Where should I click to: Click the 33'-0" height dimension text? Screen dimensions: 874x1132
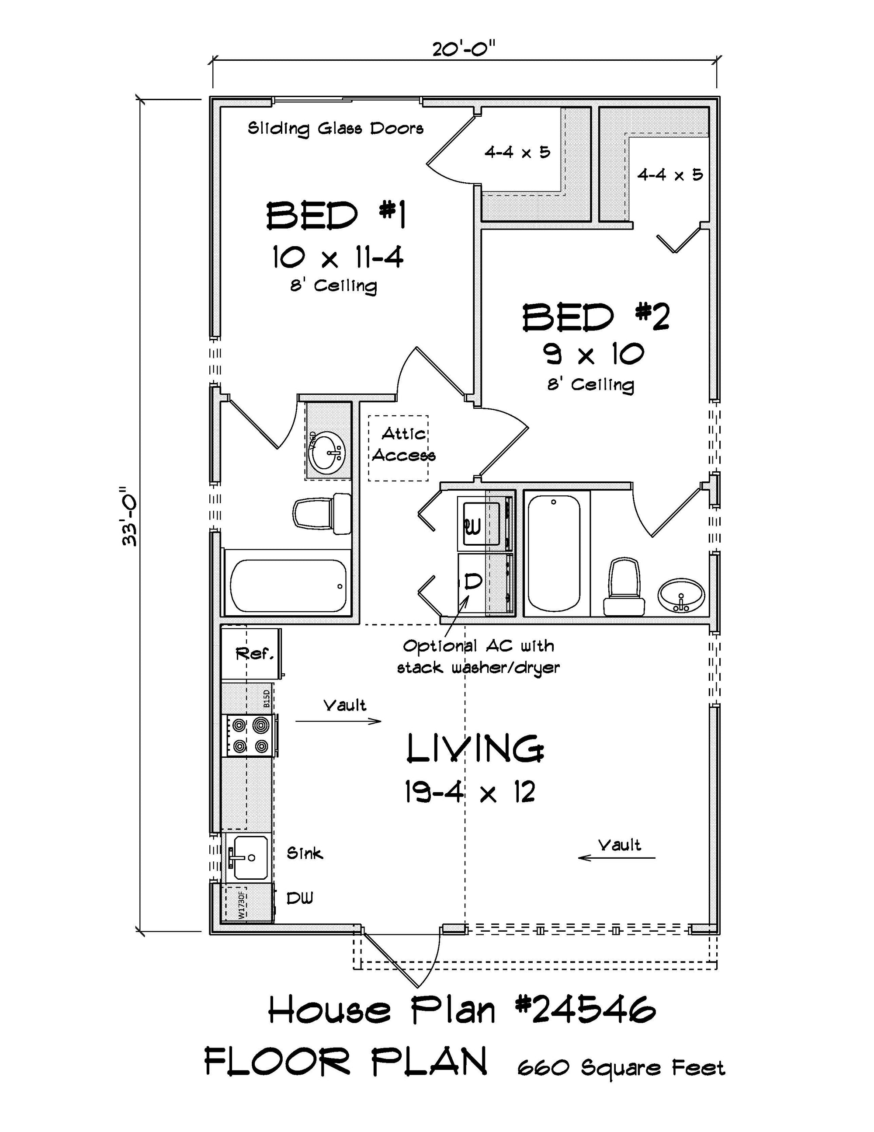click(129, 516)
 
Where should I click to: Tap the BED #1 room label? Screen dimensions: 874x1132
click(337, 216)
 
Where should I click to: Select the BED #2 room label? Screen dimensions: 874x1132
click(596, 317)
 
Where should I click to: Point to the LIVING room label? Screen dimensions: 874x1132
click(475, 749)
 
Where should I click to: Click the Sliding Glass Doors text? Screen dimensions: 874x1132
click(336, 129)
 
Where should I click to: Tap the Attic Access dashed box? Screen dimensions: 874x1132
click(399, 448)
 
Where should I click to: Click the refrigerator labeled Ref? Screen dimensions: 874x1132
click(252, 653)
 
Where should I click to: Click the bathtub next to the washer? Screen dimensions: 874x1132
click(553, 553)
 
